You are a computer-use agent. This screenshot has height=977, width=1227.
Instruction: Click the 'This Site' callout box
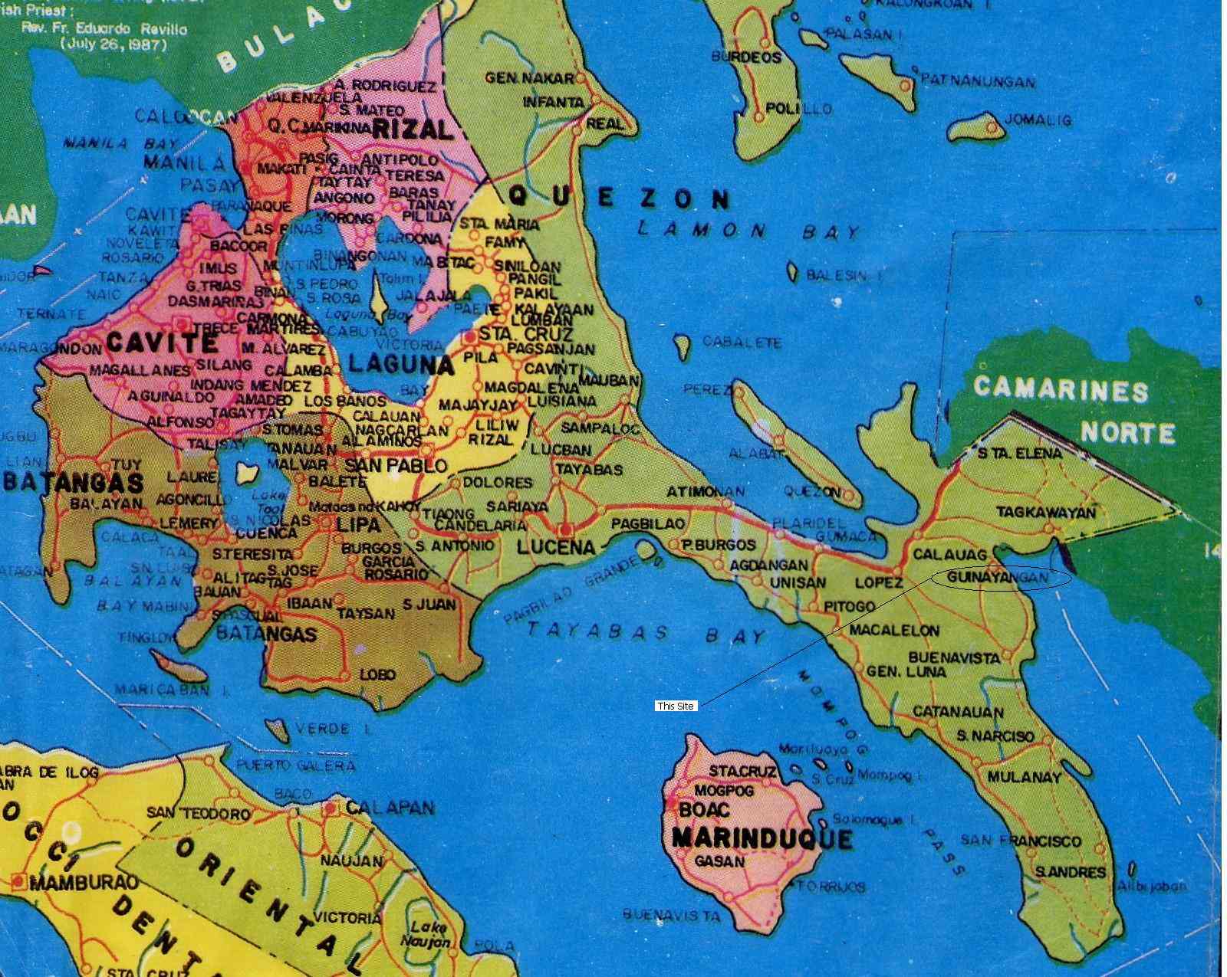[676, 706]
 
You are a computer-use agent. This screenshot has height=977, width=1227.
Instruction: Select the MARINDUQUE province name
[761, 838]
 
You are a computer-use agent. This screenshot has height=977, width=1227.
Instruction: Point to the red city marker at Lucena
[566, 529]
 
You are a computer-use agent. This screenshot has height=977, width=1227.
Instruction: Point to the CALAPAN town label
[390, 808]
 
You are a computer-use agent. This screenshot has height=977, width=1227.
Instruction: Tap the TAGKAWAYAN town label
[1046, 512]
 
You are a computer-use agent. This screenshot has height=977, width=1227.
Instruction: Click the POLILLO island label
[798, 109]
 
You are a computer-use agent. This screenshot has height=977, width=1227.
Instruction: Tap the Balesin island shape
[793, 272]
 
